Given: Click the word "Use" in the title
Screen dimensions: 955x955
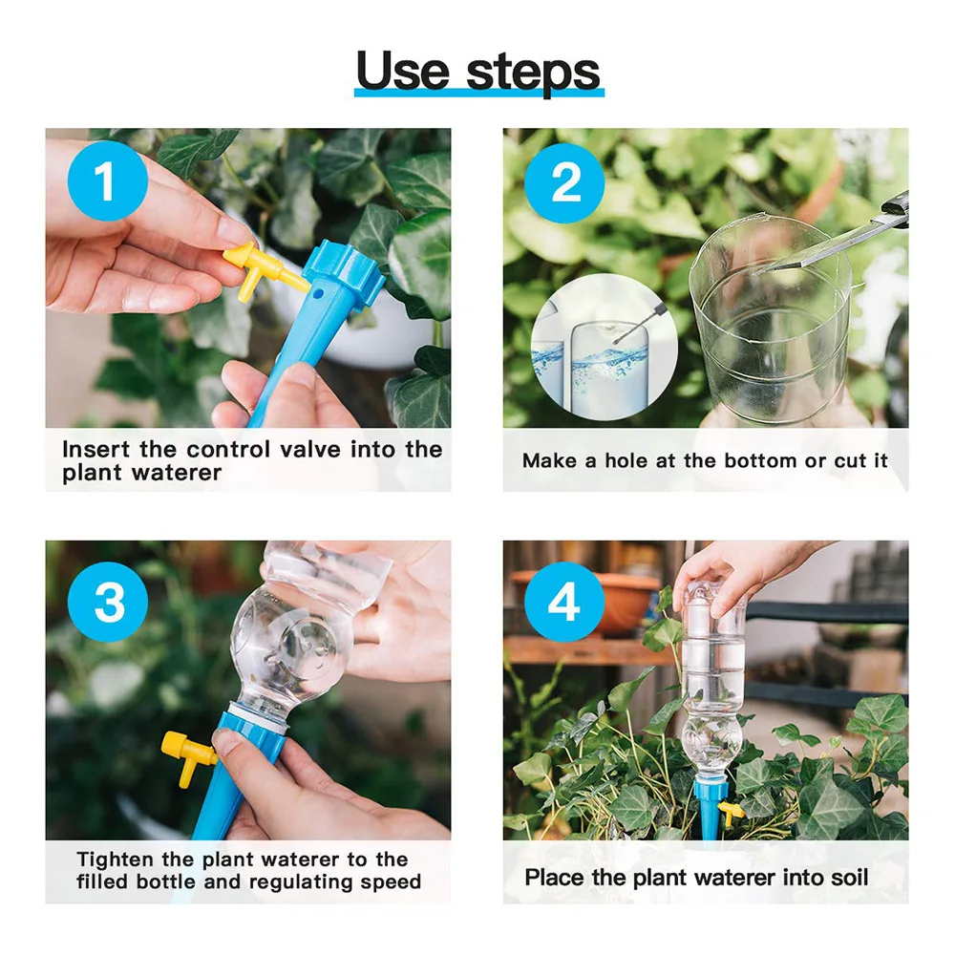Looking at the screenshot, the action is click(x=403, y=71).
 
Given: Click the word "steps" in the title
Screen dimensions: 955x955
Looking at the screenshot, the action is click(x=534, y=74).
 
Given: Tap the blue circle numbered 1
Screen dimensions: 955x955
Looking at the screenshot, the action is click(x=108, y=180).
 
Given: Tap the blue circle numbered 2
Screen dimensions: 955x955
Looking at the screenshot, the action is click(x=564, y=182).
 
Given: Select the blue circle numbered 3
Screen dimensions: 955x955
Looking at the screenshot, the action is click(x=108, y=602).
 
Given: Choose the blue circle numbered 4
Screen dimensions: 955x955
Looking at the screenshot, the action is click(x=564, y=602).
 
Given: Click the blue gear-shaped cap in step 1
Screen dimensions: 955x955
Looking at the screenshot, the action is click(x=343, y=273).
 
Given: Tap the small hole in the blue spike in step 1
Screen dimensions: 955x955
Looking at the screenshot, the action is click(x=317, y=293).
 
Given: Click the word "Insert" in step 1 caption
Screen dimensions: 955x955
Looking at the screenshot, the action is click(x=96, y=450).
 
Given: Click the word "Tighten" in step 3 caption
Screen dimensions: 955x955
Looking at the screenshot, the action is click(x=116, y=859).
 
